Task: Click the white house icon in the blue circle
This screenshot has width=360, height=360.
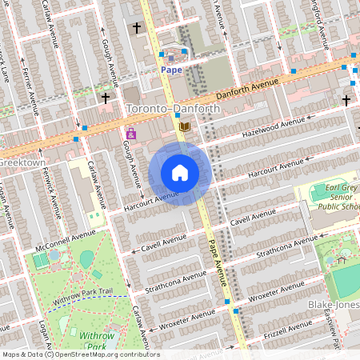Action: pyautogui.click(x=180, y=173)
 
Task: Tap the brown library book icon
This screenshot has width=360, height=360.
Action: pyautogui.click(x=186, y=127)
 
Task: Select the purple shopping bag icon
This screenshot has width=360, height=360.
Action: pyautogui.click(x=130, y=134)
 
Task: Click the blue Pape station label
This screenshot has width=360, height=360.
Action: pyautogui.click(x=171, y=70)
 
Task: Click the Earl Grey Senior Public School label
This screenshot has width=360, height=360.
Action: pyautogui.click(x=328, y=201)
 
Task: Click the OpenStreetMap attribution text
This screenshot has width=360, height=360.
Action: pyautogui.click(x=80, y=354)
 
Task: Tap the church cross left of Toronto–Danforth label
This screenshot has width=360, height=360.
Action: pyautogui.click(x=106, y=98)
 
